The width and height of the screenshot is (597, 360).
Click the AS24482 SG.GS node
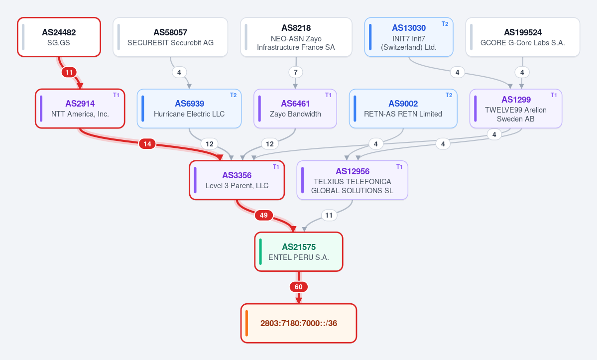click(x=59, y=37)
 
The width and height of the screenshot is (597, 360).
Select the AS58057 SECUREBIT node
click(x=170, y=37)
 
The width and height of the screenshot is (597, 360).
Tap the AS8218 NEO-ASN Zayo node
click(x=296, y=37)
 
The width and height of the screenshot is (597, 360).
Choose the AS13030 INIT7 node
click(x=409, y=37)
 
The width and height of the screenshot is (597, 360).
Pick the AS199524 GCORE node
click(x=523, y=37)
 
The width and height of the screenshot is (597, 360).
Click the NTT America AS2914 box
click(x=80, y=109)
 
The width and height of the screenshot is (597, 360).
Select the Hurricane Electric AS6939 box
click(x=189, y=109)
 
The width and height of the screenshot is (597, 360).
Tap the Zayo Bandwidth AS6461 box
click(x=295, y=109)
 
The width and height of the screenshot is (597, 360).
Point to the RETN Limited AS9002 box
click(x=403, y=109)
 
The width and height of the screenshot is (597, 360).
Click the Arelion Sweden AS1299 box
click(x=516, y=109)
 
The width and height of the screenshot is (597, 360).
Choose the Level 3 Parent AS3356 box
click(x=237, y=180)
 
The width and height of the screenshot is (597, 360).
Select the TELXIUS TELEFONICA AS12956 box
click(x=352, y=180)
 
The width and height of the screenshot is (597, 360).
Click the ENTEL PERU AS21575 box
click(x=299, y=251)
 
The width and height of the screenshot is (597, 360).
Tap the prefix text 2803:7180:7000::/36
click(x=299, y=323)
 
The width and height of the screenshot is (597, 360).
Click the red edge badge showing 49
click(x=264, y=215)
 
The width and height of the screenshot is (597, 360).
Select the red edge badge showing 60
click(x=299, y=286)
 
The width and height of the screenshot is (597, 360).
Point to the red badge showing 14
click(x=147, y=143)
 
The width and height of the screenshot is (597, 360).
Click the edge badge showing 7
click(x=295, y=72)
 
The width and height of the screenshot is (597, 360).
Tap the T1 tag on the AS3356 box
click(x=276, y=167)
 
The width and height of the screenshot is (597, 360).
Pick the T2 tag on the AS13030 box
click(x=445, y=23)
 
